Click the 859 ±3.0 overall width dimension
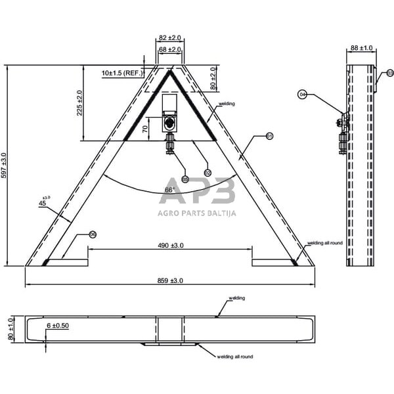click(170, 280)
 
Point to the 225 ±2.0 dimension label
click(80, 102)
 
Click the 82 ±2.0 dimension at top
click(170, 39)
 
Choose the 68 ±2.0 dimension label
click(170, 49)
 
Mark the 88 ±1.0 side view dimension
click(361, 47)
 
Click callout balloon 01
click(269, 136)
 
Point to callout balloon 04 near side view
click(302, 95)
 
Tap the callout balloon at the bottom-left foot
click(93, 234)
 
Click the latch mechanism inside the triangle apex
click(170, 122)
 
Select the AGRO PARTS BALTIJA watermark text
click(197, 212)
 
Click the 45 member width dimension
click(43, 203)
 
